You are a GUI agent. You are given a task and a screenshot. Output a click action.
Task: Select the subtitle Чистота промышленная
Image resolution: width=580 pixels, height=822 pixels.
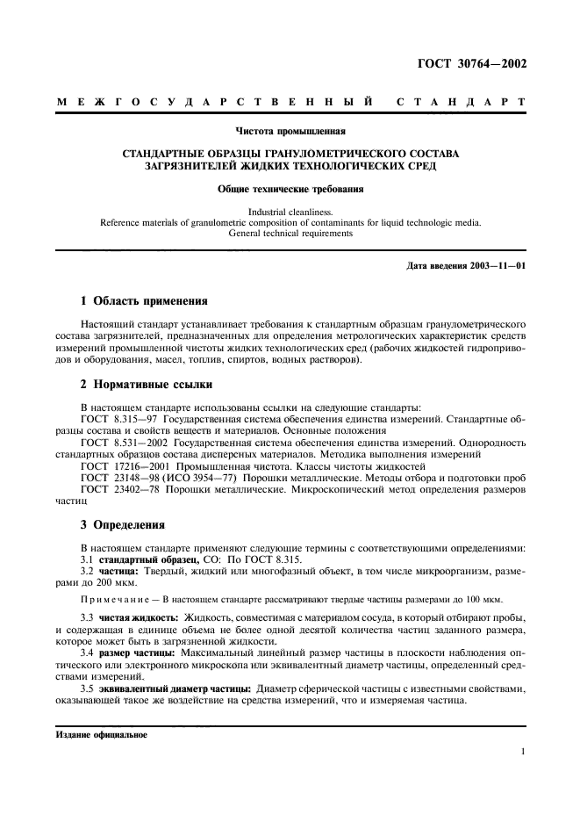click(x=290, y=133)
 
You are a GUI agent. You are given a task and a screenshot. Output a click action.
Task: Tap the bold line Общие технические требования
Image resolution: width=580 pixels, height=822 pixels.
click(x=290, y=188)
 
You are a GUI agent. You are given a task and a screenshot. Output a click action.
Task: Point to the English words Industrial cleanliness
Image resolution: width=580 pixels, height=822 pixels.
click(x=290, y=212)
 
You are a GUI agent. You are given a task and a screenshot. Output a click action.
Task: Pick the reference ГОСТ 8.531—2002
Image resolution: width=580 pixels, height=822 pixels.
click(x=123, y=442)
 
